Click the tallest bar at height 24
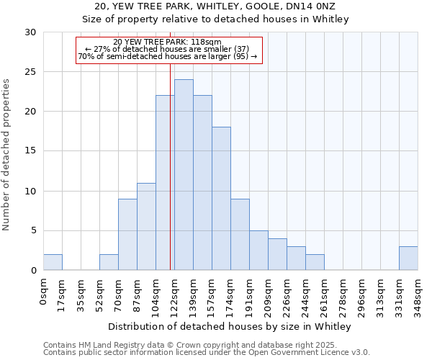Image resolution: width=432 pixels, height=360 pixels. (x=184, y=175)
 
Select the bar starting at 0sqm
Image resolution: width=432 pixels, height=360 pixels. (x=53, y=262)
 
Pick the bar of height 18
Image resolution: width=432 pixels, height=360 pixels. (x=221, y=199)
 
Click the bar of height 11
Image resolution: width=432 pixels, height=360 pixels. (x=146, y=227)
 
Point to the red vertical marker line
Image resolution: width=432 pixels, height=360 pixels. (x=170, y=180)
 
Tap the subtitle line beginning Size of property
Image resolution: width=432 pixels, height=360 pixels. (x=215, y=19)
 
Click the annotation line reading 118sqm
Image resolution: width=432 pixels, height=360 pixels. (x=168, y=42)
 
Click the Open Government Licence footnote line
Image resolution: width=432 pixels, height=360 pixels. (x=207, y=353)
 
